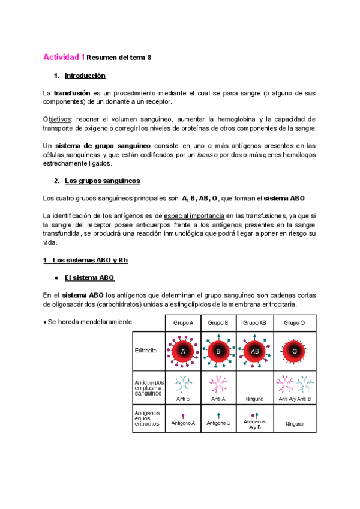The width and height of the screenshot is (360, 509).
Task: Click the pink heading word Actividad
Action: coord(61,58)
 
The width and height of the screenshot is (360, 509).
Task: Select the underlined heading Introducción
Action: coord(85,76)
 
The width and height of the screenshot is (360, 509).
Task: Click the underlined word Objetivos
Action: coord(58,119)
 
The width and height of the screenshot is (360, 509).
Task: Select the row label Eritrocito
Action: coord(146,350)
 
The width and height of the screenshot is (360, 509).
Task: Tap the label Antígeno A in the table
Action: coord(183,423)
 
